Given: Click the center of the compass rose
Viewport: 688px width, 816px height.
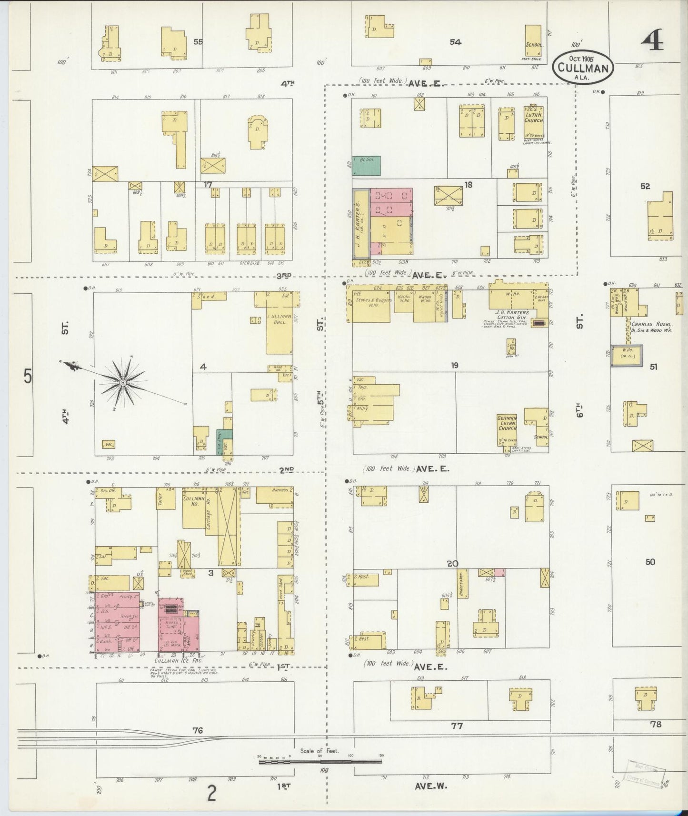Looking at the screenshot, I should point(123,382).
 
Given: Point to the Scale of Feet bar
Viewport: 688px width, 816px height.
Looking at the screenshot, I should point(320,761).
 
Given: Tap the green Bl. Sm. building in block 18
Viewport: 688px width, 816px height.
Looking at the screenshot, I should point(366,165).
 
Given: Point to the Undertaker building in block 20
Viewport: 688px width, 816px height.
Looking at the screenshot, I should point(463,584).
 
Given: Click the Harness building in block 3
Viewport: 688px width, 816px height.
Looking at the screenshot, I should point(274,495).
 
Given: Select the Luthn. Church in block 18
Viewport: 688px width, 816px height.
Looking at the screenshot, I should point(533,123).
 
